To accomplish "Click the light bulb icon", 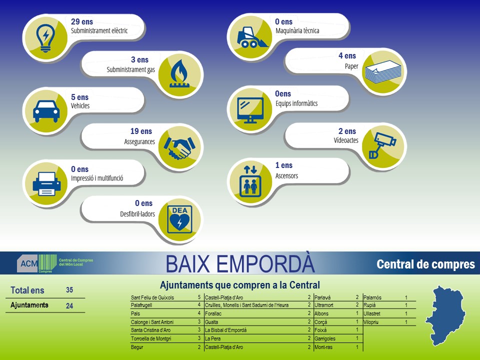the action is [x=45, y=38].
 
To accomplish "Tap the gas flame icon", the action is [x=179, y=74].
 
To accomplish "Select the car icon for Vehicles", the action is [x=46, y=111].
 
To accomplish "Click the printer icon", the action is [x=46, y=183].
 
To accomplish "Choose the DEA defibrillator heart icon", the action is [x=179, y=219].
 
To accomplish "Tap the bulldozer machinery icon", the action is [x=251, y=38].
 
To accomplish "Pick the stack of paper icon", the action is [x=383, y=72].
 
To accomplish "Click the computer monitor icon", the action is [x=250, y=110].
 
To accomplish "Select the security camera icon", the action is [x=382, y=145].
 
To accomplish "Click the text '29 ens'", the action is [x=81, y=21].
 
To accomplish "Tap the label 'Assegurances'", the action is [x=139, y=141].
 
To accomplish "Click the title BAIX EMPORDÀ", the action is [x=240, y=263].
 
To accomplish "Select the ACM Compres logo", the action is [x=55, y=263].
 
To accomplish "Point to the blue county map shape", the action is [x=445, y=315].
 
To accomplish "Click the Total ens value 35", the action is [x=69, y=290].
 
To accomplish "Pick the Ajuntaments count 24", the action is [x=69, y=306].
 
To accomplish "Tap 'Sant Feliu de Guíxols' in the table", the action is [x=152, y=297].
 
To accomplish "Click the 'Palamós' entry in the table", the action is [x=372, y=297].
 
